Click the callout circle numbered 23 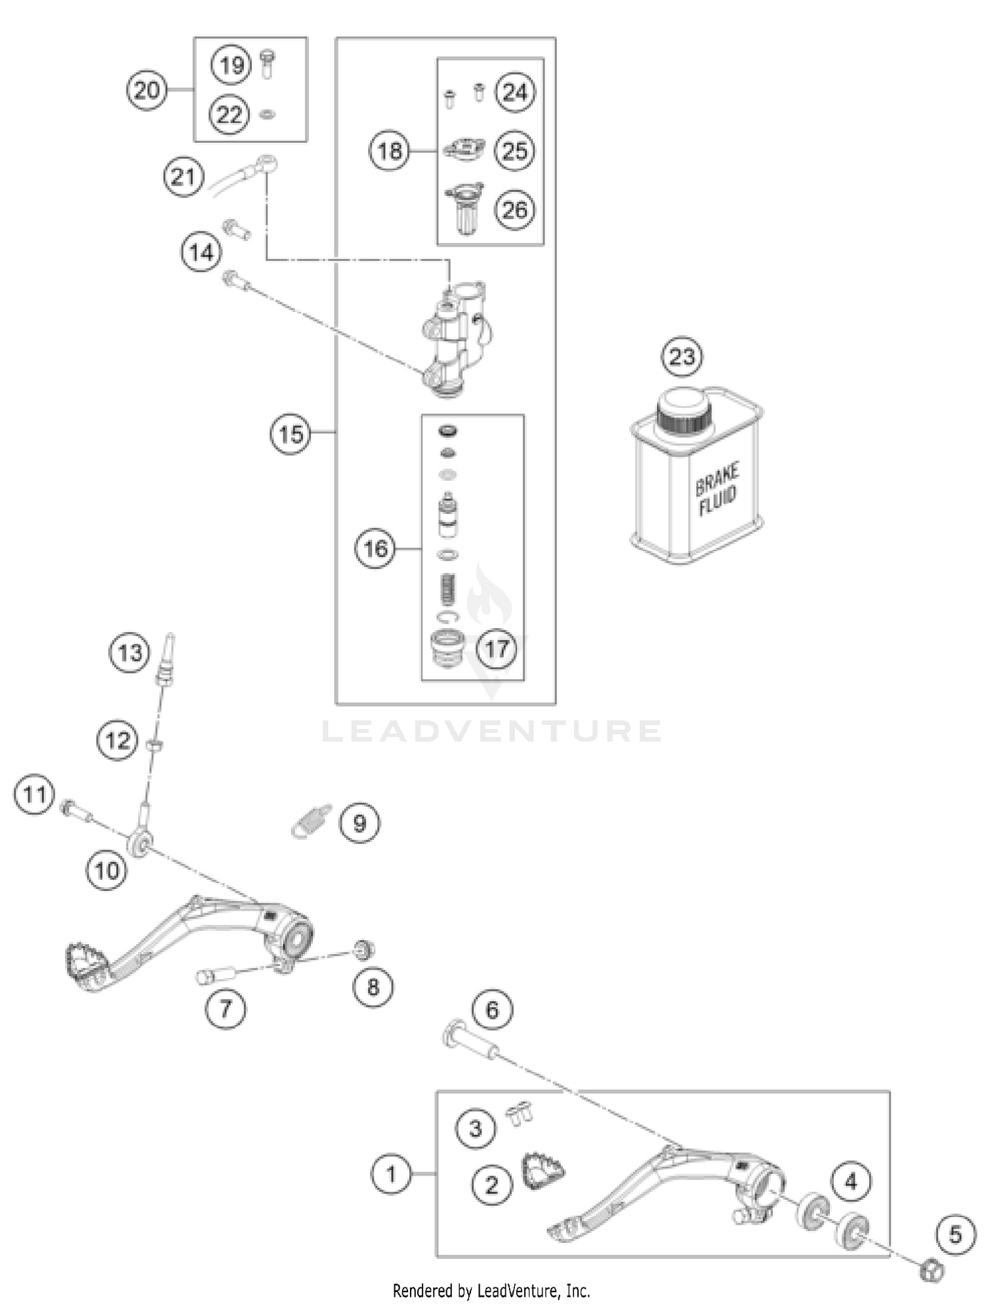click(x=682, y=357)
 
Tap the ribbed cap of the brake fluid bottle click(x=684, y=413)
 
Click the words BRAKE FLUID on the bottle click(x=717, y=488)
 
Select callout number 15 click(x=291, y=434)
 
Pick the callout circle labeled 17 click(x=497, y=649)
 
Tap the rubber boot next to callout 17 click(x=447, y=648)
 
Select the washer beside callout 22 click(x=267, y=115)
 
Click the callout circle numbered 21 click(x=183, y=176)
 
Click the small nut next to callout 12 click(x=155, y=745)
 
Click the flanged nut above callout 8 click(x=363, y=949)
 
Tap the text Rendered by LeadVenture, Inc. click(x=491, y=1291)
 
